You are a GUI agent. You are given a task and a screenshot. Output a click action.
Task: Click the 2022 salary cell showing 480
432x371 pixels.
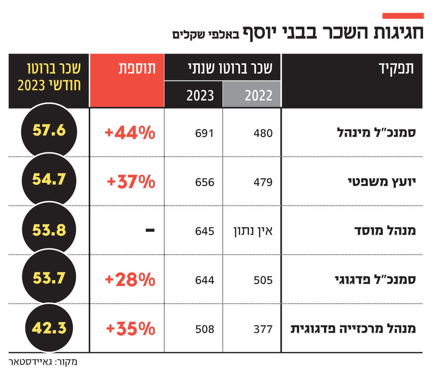tap(263, 133)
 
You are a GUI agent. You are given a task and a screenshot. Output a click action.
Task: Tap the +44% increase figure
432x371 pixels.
tap(130, 133)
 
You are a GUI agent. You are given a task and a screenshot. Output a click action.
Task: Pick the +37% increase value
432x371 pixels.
tap(131, 182)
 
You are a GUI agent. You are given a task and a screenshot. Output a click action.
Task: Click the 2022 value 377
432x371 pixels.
tap(263, 329)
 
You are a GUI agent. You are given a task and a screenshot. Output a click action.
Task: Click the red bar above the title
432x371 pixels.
tap(403, 16)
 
